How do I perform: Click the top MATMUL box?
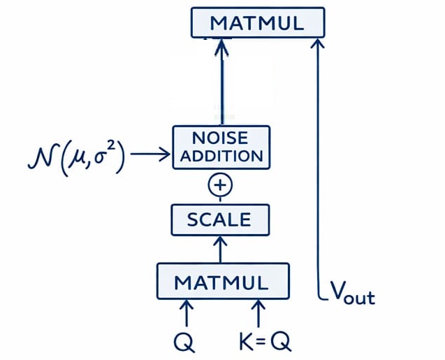point(258,22)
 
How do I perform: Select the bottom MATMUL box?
point(222,282)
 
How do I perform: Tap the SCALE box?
point(219,220)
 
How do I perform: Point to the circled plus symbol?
point(221,185)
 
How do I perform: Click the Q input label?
point(185,341)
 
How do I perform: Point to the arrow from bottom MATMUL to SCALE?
point(221,249)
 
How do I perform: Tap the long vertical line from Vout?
point(319,175)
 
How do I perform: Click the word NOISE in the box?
point(221,137)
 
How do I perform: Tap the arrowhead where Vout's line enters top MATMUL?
point(319,44)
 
